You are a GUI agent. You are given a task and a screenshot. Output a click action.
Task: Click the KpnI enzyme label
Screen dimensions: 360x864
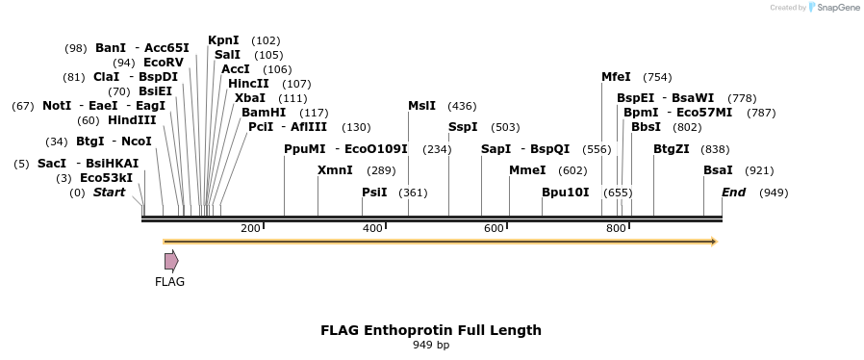coord(223,40)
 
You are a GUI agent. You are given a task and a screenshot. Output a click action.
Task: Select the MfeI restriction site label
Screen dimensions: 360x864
coord(616,77)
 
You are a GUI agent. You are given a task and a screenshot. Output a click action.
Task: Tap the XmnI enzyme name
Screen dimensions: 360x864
coord(335,170)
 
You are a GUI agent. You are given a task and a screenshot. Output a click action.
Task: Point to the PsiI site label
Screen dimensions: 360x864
coord(374,193)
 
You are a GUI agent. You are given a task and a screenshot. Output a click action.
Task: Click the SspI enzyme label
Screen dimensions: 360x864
coord(462,127)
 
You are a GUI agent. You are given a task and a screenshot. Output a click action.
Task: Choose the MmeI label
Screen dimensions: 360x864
coord(527,170)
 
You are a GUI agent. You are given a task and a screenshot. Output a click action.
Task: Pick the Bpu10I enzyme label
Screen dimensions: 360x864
coord(565,193)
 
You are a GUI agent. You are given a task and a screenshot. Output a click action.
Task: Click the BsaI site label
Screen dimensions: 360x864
coord(718,170)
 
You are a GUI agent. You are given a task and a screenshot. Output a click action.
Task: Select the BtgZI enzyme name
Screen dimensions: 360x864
coord(672,149)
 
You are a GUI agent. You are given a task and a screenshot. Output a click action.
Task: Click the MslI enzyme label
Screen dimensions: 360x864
coord(421,106)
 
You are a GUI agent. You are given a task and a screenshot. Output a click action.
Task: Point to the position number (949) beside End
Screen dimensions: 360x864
coord(774,193)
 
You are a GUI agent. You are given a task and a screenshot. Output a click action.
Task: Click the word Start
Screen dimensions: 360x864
coord(109,193)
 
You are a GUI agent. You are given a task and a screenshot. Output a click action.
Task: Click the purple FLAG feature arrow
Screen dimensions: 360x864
coord(171,261)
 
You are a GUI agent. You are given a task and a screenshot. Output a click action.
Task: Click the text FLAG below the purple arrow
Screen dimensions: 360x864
coord(169,282)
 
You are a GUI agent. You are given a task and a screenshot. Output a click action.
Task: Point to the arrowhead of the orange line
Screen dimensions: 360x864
coord(714,242)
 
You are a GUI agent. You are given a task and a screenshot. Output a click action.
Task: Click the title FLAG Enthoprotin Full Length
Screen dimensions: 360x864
coord(431,330)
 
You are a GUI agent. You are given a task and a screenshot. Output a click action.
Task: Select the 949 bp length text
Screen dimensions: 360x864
coord(431,345)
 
